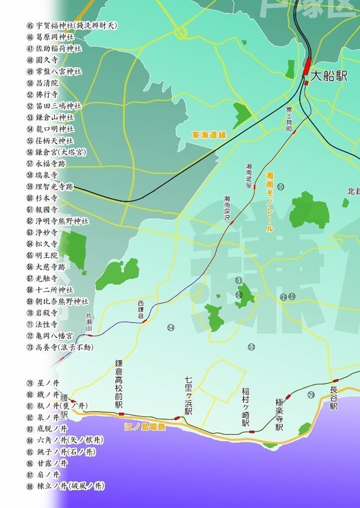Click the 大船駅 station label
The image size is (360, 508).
point(329,76)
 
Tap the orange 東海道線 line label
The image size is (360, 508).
point(209,135)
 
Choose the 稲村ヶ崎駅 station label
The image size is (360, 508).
point(246,407)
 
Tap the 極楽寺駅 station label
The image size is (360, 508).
point(279,414)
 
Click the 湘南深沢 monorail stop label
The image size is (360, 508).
point(227,208)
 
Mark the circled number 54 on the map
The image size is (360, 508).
point(171,327)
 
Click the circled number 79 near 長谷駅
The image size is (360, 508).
point(311,395)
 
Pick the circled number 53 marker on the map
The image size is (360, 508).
point(251,347)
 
